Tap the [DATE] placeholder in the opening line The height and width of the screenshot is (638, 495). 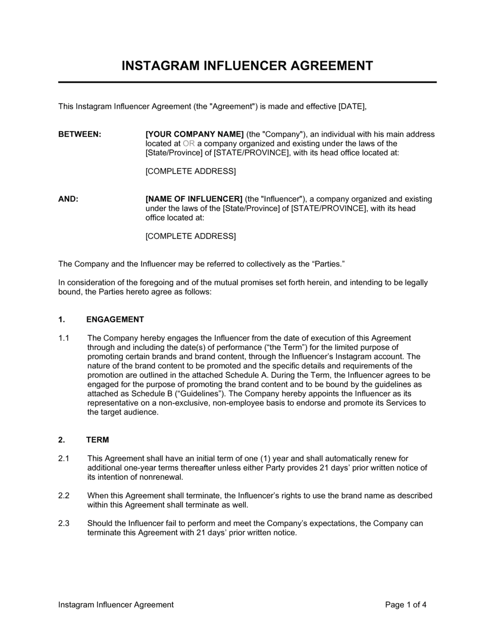(x=352, y=106)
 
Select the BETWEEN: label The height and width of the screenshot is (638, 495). (x=80, y=134)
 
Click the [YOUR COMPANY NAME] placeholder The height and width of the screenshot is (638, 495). (x=195, y=134)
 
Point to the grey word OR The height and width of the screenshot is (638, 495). (x=189, y=143)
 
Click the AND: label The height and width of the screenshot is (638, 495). (x=68, y=199)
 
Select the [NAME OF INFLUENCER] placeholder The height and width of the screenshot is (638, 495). (x=194, y=199)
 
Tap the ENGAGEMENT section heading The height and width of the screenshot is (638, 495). (x=115, y=319)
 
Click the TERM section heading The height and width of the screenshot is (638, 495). (x=98, y=440)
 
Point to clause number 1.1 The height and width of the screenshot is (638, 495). (x=63, y=338)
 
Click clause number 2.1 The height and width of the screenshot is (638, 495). (x=63, y=458)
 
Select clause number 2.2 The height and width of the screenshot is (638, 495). (x=63, y=496)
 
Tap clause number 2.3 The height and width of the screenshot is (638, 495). (x=63, y=523)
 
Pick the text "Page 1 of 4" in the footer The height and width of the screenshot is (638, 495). (x=406, y=604)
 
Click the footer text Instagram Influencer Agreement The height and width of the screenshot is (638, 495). (x=116, y=604)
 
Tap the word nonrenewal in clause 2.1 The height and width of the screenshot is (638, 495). (x=160, y=477)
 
